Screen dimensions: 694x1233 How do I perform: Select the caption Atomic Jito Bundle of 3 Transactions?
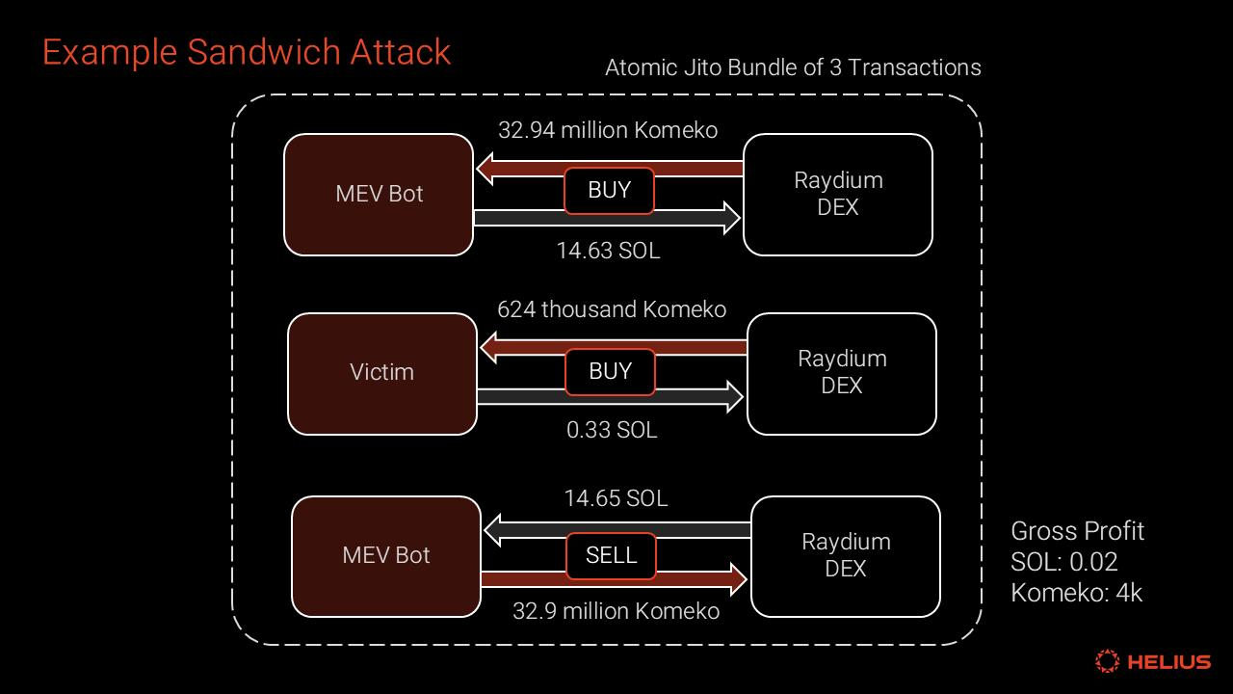click(x=793, y=67)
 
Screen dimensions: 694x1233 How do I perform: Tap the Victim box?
click(x=382, y=373)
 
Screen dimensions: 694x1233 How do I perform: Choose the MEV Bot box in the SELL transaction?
click(x=386, y=556)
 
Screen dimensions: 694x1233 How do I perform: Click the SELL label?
click(x=611, y=555)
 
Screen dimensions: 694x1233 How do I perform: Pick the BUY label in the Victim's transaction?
click(x=610, y=372)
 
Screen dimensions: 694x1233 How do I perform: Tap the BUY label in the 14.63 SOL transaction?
click(x=609, y=191)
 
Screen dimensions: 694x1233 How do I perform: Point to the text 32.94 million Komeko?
click(x=608, y=130)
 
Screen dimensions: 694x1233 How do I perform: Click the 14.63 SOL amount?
click(x=608, y=251)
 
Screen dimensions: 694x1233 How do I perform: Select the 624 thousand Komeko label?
click(x=612, y=309)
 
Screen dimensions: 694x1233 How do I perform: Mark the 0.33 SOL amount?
click(x=612, y=430)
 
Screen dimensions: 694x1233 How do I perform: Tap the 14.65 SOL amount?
click(x=616, y=498)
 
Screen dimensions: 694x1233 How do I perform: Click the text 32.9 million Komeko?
click(x=616, y=611)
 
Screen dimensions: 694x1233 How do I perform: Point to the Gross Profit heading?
click(x=1077, y=531)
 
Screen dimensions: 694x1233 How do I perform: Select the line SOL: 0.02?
click(x=1063, y=562)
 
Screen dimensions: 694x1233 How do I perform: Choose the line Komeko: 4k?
click(x=1076, y=593)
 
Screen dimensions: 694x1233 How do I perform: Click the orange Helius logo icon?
click(x=1108, y=661)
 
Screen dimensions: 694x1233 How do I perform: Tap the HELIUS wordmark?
click(x=1168, y=662)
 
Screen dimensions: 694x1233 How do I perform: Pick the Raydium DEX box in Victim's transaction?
click(x=841, y=373)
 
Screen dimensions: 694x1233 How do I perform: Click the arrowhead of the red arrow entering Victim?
click(x=489, y=347)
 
